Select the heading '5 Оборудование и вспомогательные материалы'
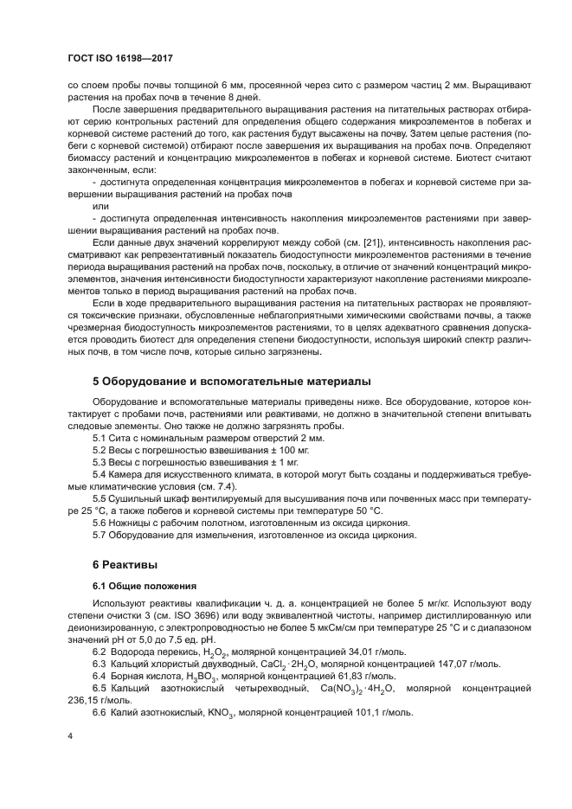(231, 381)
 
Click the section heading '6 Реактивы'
(125, 564)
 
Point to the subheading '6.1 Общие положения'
(144, 586)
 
